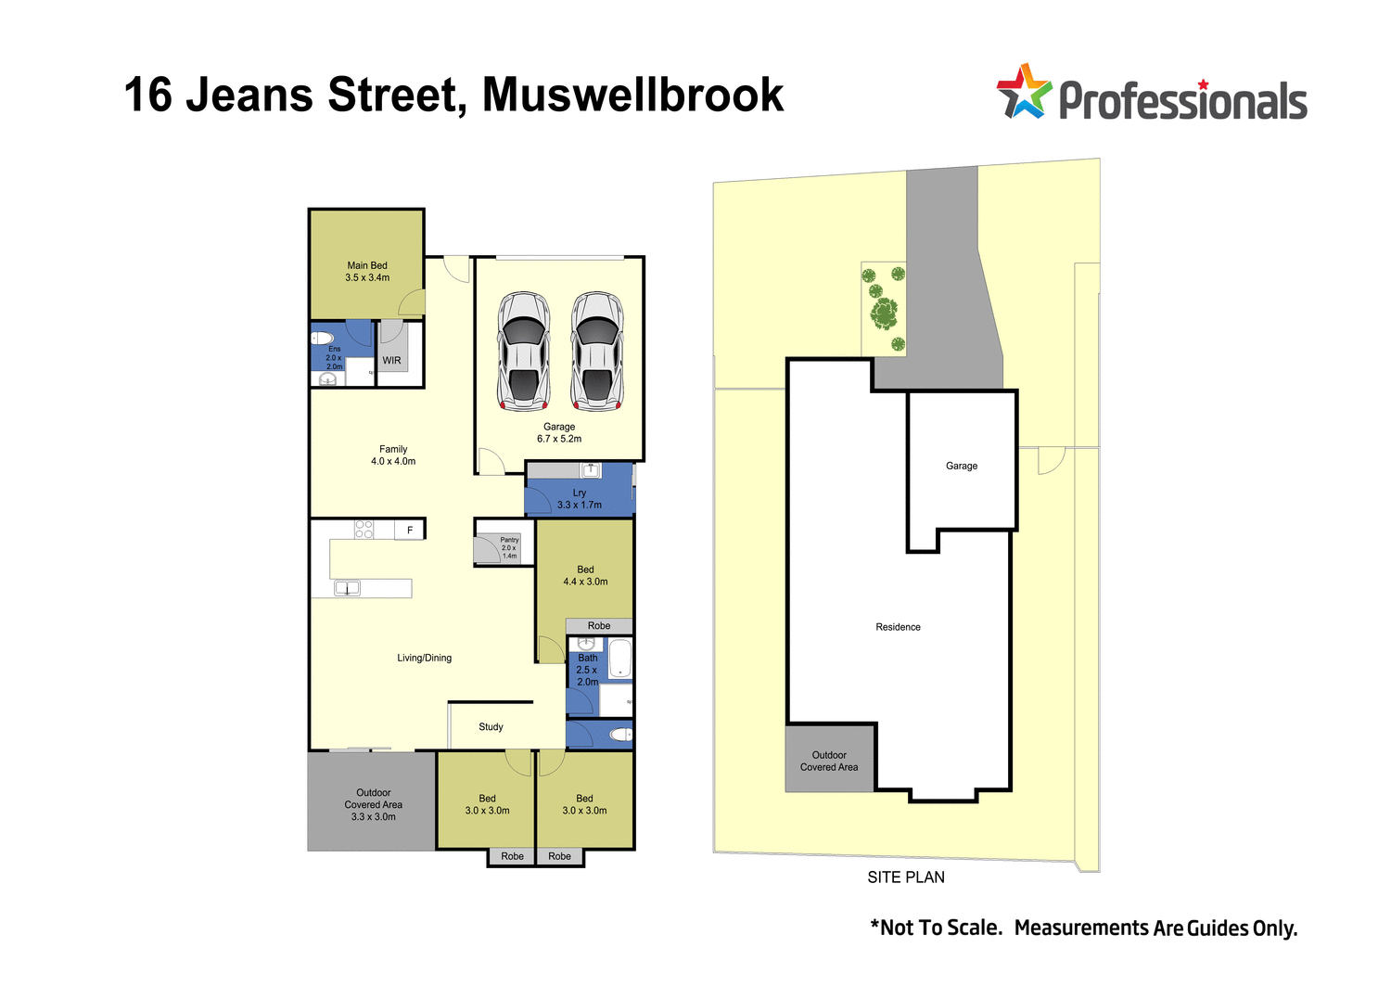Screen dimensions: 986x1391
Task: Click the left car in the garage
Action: tap(524, 351)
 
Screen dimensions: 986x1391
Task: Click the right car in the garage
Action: tap(596, 351)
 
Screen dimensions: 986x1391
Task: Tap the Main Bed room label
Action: tap(367, 271)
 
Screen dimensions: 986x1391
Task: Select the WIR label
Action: tap(392, 361)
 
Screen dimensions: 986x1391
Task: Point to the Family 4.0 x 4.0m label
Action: tap(393, 455)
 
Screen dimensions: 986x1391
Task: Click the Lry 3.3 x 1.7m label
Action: tap(580, 499)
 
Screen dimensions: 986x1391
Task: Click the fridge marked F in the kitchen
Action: tap(410, 530)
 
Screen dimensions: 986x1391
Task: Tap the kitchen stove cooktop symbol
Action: tap(364, 530)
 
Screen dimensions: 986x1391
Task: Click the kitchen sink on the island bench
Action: tap(347, 588)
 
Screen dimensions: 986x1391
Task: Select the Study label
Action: tap(491, 727)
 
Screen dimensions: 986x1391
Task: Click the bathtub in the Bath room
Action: tap(619, 658)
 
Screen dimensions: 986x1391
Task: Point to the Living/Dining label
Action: tap(425, 658)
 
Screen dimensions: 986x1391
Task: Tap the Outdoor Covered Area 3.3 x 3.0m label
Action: tap(374, 804)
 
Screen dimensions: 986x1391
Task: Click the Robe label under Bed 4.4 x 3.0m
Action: tap(599, 626)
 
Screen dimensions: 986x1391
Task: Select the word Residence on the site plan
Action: tap(898, 627)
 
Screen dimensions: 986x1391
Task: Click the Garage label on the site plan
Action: tap(962, 466)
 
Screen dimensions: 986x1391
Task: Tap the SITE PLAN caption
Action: tap(906, 877)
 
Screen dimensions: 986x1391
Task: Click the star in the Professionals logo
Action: tap(1024, 91)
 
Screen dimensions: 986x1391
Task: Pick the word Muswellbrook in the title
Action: tap(632, 95)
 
